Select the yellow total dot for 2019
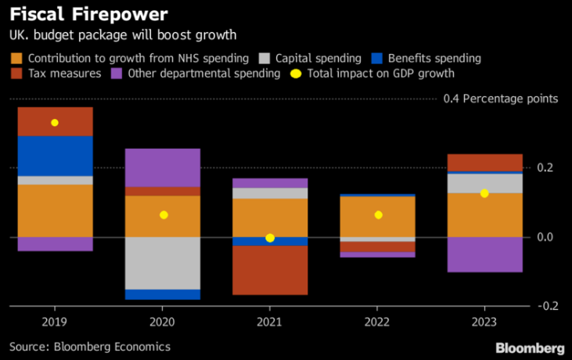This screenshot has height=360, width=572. (55, 123)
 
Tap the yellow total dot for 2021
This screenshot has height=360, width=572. (270, 238)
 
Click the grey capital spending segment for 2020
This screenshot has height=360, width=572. (163, 263)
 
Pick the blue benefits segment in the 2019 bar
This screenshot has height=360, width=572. (55, 156)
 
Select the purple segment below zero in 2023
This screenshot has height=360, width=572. (485, 254)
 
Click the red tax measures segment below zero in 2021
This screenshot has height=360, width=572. (270, 270)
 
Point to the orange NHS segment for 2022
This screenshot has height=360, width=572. (377, 216)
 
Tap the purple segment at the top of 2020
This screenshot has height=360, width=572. (163, 167)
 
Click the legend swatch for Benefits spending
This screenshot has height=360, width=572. (379, 59)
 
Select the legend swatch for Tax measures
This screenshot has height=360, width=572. (16, 74)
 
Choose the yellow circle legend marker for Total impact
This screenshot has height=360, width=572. (296, 74)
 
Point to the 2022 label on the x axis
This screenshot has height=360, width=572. (377, 322)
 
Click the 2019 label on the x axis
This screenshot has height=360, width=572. (55, 322)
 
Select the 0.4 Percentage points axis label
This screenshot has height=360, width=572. (501, 99)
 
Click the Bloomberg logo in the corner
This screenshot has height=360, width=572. (529, 346)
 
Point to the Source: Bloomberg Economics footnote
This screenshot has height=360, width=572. (89, 345)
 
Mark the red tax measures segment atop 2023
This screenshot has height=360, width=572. (485, 162)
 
